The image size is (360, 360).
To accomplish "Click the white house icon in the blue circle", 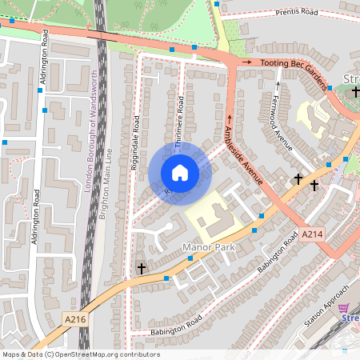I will [x=180, y=173].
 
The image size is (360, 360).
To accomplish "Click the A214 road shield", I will [x=313, y=234].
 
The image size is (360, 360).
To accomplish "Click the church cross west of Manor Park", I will [x=142, y=268].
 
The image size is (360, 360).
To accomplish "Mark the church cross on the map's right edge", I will [x=355, y=92].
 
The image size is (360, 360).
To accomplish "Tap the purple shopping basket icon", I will [x=344, y=308].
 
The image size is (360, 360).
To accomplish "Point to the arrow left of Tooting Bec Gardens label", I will [x=247, y=62].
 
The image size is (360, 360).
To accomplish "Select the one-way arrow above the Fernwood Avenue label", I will [x=278, y=85].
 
